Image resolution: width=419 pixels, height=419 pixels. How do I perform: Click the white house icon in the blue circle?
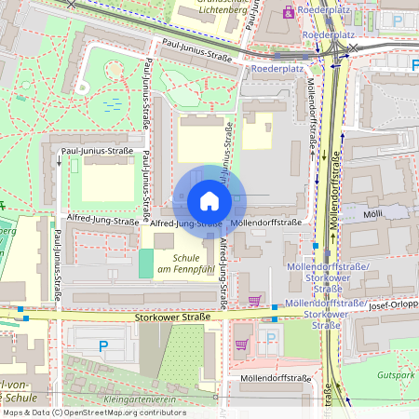209,201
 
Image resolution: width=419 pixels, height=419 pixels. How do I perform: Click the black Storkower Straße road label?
169,317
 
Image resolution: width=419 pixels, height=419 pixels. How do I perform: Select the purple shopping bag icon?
290,12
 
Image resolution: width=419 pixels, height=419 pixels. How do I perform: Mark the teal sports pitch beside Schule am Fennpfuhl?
146,263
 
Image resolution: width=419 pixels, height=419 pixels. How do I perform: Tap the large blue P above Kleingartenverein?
103,345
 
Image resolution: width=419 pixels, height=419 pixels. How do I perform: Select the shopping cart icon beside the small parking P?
242,344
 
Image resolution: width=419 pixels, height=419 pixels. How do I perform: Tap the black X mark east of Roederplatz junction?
353,47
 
